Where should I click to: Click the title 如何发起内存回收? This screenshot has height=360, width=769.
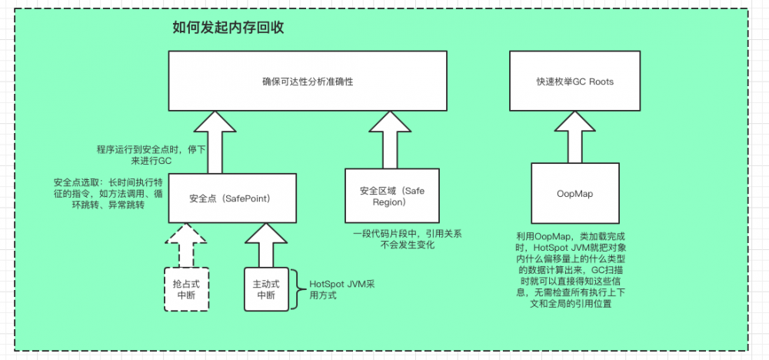[x=229, y=29]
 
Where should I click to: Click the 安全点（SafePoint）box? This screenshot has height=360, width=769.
[x=232, y=198]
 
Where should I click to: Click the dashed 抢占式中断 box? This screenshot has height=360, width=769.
[x=186, y=288]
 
